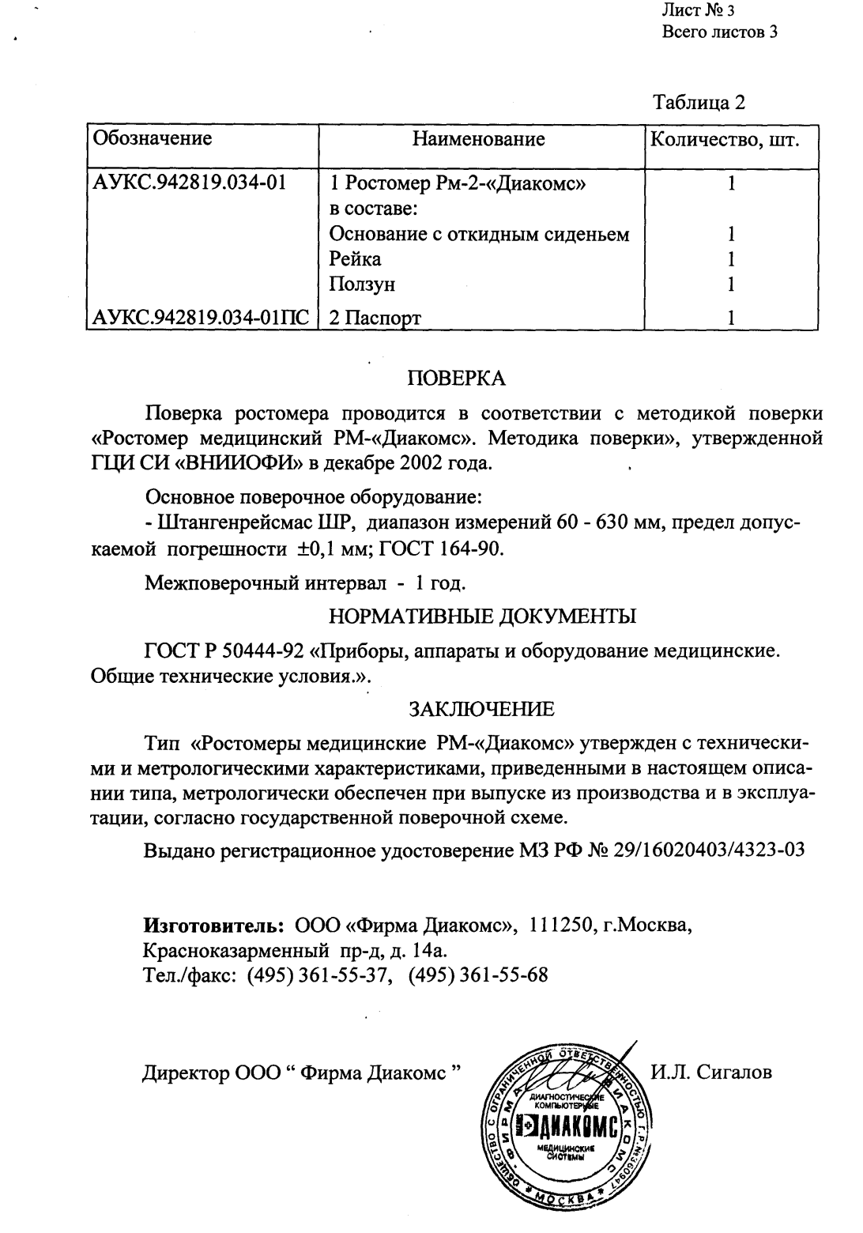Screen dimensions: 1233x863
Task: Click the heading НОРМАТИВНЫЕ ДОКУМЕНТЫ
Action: pos(482,616)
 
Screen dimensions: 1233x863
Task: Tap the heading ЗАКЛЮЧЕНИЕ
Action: pos(481,707)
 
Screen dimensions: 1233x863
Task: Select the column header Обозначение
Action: pos(153,139)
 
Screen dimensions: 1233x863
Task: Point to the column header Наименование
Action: pos(479,140)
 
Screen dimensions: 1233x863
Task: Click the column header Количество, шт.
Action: pos(724,140)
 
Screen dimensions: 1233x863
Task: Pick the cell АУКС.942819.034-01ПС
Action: pos(202,319)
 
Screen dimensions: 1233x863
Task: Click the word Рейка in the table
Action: pos(355,259)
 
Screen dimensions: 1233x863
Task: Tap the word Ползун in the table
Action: pos(362,284)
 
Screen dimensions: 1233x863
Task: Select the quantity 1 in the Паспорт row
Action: pos(732,319)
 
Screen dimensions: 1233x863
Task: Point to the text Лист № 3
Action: pos(698,10)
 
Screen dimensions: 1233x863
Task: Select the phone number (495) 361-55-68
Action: pos(478,975)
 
